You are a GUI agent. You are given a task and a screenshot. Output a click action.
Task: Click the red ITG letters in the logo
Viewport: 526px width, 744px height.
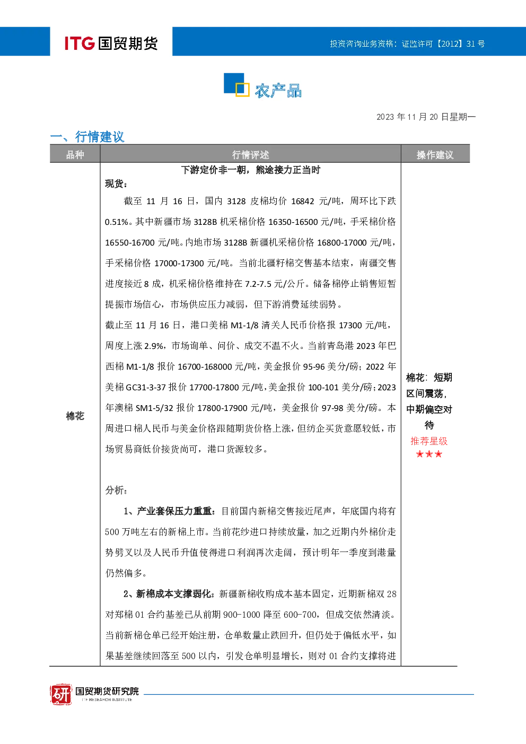[x=80, y=43]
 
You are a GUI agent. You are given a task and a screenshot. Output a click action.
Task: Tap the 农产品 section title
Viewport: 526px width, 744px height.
[x=278, y=91]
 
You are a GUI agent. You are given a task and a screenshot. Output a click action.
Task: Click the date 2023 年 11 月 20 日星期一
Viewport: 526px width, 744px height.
[x=426, y=117]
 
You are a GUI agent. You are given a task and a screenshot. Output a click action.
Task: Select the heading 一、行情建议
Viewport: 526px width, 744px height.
[x=87, y=136]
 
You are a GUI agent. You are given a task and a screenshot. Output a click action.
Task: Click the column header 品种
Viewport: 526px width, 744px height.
[x=75, y=154]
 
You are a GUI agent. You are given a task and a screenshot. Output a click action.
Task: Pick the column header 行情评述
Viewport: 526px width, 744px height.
[x=250, y=154]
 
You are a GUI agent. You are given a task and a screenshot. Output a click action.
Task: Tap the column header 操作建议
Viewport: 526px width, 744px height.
[x=435, y=154]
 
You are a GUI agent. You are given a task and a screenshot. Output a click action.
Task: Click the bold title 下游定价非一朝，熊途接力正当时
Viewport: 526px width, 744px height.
[x=251, y=170]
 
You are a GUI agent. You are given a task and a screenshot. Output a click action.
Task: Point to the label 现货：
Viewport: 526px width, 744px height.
[x=116, y=183]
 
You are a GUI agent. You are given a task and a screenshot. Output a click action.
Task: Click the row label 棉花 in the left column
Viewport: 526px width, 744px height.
[x=75, y=416]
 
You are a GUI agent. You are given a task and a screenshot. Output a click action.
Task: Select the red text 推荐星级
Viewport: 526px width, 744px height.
[x=429, y=441]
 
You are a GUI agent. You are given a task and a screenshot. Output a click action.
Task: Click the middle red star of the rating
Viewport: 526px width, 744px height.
[x=429, y=454]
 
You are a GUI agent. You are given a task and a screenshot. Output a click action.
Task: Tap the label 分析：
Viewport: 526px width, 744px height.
[x=116, y=490]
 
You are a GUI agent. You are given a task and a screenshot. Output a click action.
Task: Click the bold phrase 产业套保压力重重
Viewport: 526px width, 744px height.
[x=174, y=511]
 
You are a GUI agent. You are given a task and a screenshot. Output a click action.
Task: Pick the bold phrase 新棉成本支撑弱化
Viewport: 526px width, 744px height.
[x=174, y=593]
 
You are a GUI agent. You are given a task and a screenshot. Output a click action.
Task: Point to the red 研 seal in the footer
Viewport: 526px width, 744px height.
[x=61, y=694]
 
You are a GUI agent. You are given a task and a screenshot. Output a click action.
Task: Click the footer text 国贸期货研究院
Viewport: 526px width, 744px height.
[x=107, y=691]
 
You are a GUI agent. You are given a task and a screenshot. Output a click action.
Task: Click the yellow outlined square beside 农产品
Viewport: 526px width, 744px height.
[x=242, y=89]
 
